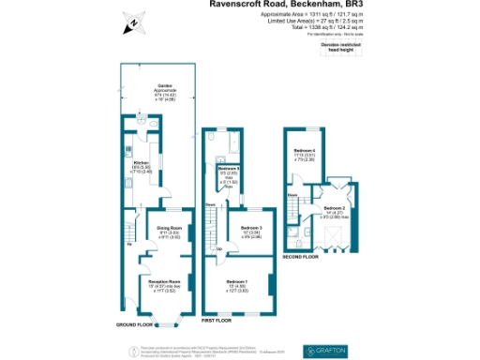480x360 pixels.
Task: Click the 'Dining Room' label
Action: pyautogui.click(x=169, y=229)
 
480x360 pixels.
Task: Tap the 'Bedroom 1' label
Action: pyautogui.click(x=238, y=279)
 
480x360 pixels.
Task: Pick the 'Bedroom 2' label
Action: pyautogui.click(x=336, y=207)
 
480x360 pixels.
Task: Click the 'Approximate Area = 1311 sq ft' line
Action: pyautogui.click(x=327, y=15)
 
